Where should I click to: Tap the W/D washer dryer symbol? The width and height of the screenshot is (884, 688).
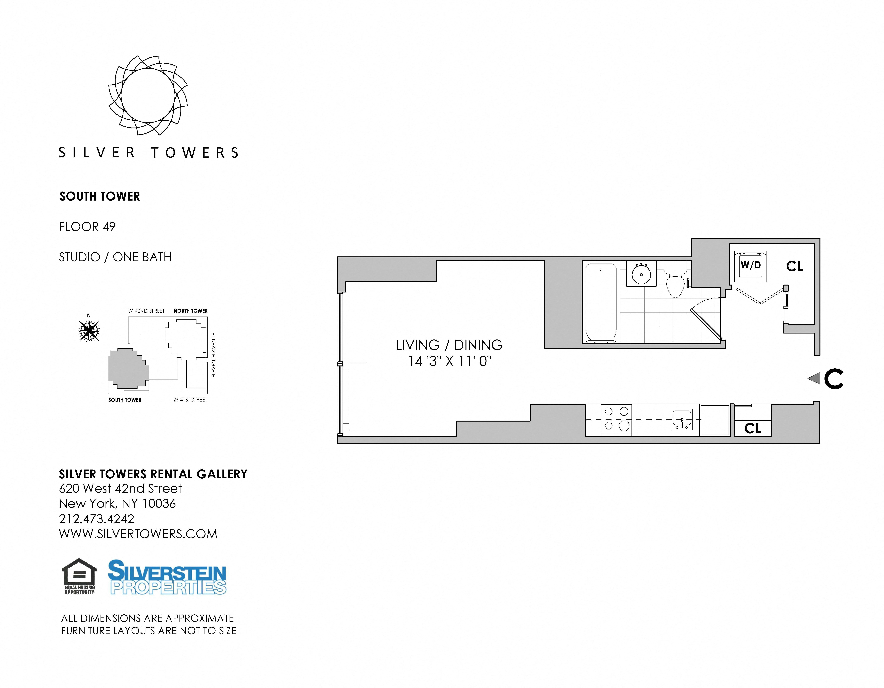click(751, 266)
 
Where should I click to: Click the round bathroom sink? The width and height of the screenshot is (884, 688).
click(641, 274)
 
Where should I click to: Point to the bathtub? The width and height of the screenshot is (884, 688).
click(601, 303)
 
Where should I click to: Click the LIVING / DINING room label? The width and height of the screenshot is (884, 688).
click(449, 345)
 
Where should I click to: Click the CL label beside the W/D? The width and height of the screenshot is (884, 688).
click(795, 266)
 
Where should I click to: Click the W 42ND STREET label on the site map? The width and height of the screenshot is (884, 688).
click(147, 311)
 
